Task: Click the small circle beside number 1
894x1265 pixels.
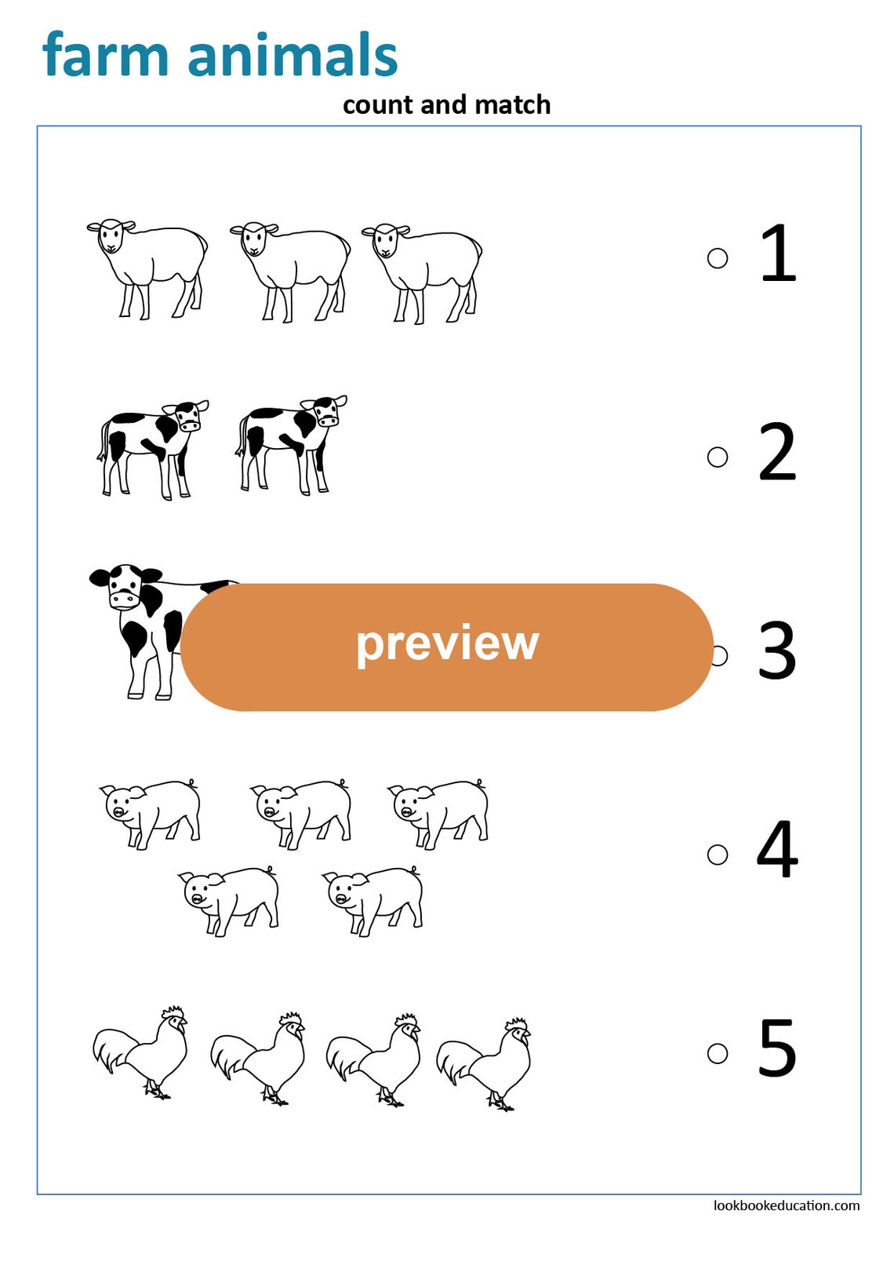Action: tap(717, 258)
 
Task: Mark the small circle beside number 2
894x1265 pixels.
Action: tap(717, 457)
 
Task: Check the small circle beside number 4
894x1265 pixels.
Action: tap(717, 854)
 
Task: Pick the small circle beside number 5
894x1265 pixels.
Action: tap(717, 1053)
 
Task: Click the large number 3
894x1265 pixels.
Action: tap(776, 651)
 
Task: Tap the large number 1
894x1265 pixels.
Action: tap(778, 253)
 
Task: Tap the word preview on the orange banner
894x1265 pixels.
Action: tap(447, 643)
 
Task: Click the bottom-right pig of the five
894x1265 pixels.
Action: tap(374, 899)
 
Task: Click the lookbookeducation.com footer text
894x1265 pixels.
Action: tap(786, 1205)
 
